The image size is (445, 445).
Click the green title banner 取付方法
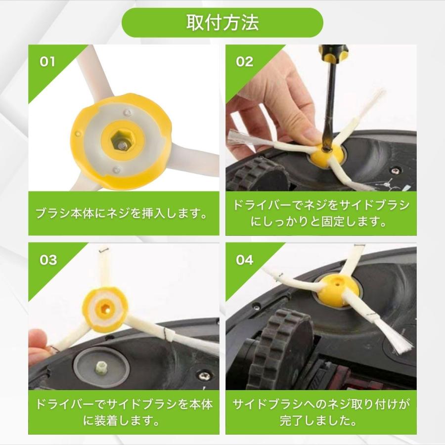point(222,23)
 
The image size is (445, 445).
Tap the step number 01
point(47,62)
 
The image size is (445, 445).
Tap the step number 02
point(244,62)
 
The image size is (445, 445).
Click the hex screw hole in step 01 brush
point(121,143)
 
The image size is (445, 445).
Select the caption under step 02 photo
point(321,213)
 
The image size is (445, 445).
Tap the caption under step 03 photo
point(124,412)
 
